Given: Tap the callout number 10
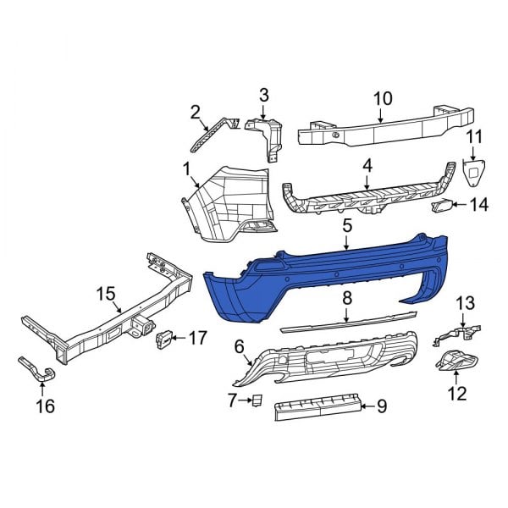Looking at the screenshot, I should click(x=383, y=98).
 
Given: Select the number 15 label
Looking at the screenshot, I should click(x=106, y=293).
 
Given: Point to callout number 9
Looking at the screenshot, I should click(x=381, y=407).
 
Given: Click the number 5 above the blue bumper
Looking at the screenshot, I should click(x=347, y=226).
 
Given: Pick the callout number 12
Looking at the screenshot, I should click(x=457, y=393).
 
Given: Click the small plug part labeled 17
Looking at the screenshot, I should click(x=163, y=339).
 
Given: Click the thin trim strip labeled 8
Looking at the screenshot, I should click(x=347, y=323).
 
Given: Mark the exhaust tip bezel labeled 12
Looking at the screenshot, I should click(x=457, y=362).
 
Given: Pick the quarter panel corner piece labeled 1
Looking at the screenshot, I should click(x=224, y=199).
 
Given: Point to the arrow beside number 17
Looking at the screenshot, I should click(x=179, y=339).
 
